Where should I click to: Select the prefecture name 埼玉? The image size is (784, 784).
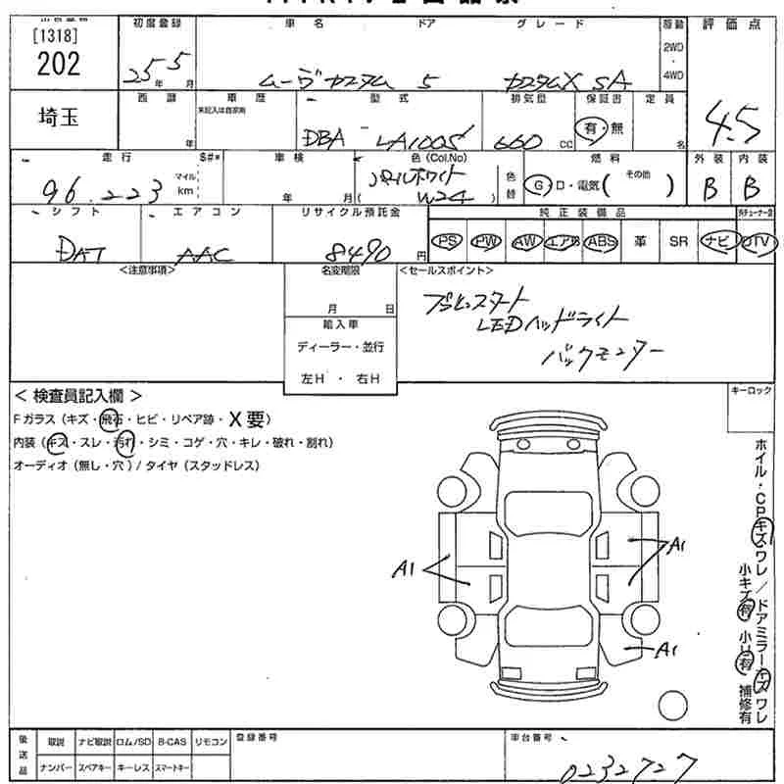[59, 118]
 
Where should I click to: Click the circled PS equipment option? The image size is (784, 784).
[448, 241]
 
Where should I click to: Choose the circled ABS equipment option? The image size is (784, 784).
[600, 241]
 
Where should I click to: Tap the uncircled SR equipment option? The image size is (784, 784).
[678, 241]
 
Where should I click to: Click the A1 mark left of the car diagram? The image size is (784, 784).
[406, 566]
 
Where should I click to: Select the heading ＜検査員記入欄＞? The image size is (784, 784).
[78, 395]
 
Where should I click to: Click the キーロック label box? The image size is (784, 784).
[755, 391]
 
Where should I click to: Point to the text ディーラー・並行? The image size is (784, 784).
[340, 347]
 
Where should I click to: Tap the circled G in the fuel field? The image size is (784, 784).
[537, 184]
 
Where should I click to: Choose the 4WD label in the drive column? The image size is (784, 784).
[674, 73]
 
